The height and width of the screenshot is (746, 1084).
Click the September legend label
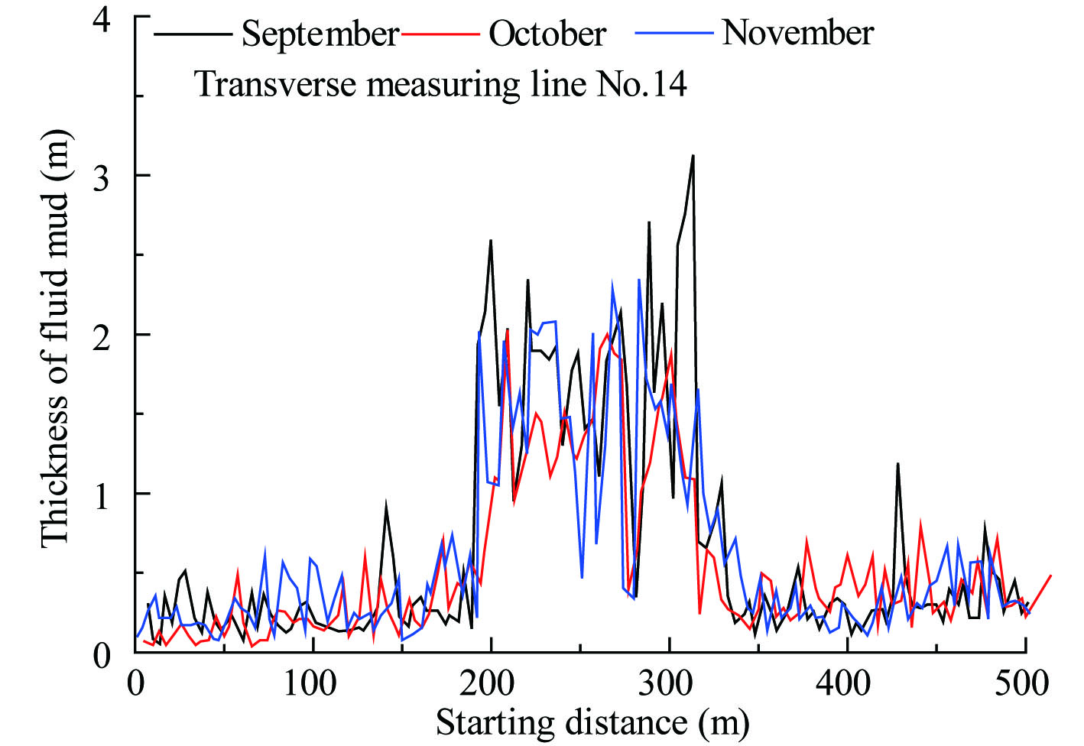(x=320, y=34)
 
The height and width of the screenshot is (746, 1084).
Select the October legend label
(x=547, y=34)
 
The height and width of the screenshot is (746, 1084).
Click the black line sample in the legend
(x=193, y=34)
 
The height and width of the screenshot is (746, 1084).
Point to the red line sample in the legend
(x=441, y=34)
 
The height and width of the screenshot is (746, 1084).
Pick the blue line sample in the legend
(x=674, y=34)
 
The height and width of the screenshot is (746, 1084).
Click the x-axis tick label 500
(x=1024, y=683)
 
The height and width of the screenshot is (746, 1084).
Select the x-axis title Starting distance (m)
(x=592, y=722)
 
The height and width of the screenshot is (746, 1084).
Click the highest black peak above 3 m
(x=693, y=156)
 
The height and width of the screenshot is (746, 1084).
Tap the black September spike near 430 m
(x=897, y=464)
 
